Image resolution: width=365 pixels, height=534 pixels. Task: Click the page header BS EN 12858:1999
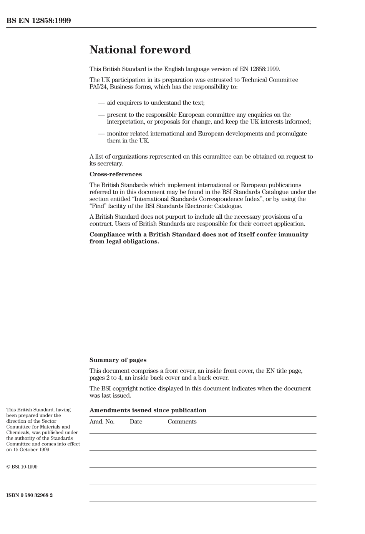(x=38, y=21)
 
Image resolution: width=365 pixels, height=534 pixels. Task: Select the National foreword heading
(x=140, y=50)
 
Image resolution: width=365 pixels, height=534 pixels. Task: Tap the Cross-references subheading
(x=115, y=174)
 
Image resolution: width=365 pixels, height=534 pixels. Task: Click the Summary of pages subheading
(x=118, y=360)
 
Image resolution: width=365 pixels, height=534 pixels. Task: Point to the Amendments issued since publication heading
(x=148, y=410)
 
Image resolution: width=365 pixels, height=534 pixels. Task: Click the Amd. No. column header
(x=102, y=422)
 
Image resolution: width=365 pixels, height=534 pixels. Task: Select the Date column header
(x=136, y=422)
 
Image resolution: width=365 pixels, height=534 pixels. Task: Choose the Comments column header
(x=182, y=422)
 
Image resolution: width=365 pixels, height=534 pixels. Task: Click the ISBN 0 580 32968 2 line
(x=30, y=495)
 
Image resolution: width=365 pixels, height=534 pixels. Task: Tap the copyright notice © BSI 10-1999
(x=22, y=467)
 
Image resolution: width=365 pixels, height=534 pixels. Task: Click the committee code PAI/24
(x=99, y=87)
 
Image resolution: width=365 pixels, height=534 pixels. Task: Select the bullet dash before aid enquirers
(x=101, y=103)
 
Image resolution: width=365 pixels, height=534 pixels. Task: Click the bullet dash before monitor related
(x=101, y=134)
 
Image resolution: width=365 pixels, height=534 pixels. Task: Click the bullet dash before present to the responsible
(x=101, y=115)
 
